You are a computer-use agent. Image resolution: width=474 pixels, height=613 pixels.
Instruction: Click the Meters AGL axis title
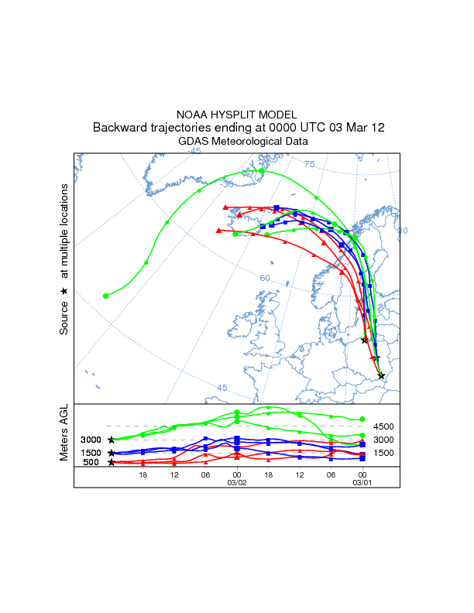point(64,433)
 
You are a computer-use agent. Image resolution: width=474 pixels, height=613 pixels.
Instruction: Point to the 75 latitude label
point(309,164)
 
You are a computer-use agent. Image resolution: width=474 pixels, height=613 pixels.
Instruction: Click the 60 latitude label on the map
point(264,278)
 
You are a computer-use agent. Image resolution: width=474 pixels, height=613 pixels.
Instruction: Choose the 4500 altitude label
point(384,426)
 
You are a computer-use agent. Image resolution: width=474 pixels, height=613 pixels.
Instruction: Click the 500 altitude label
point(91,462)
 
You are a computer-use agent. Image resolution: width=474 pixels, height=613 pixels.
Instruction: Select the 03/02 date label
point(236,481)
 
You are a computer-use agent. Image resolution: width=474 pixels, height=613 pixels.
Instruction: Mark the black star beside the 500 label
point(112,462)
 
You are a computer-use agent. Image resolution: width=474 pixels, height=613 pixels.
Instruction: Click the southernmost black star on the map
point(381,376)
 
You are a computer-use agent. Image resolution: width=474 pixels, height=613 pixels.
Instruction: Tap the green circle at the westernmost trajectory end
point(106,296)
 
